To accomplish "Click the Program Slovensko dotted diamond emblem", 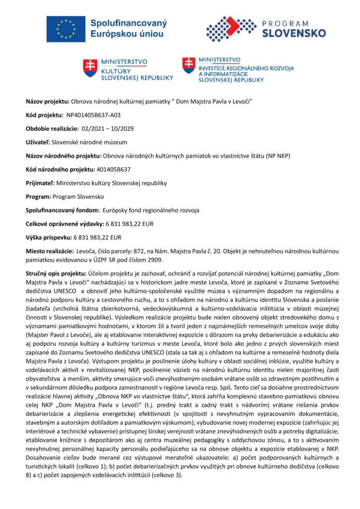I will point(224,29).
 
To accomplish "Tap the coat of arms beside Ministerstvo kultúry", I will point(90,69).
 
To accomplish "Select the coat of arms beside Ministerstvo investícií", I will point(188,66).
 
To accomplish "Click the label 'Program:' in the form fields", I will point(39,196).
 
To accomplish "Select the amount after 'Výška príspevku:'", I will point(97,237).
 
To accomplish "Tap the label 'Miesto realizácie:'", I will point(49,251).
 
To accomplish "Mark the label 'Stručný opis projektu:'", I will point(56,273).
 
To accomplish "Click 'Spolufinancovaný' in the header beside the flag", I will point(128,23).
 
